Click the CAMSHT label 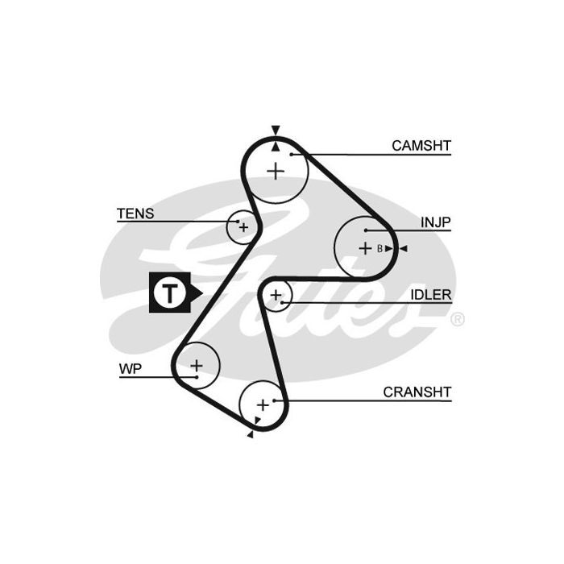click(421, 146)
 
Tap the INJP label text click(435, 222)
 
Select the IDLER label click(431, 295)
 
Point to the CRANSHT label click(417, 392)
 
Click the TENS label click(135, 214)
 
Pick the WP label click(130, 370)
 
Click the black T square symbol click(169, 292)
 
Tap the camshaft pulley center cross click(276, 171)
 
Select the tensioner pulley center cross click(243, 228)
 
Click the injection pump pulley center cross click(365, 248)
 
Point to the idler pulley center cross click(276, 296)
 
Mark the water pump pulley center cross click(197, 366)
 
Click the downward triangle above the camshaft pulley click(276, 130)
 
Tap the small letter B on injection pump click(379, 248)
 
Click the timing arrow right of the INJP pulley click(403, 248)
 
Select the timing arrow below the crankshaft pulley click(251, 434)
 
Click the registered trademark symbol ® click(457, 320)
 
